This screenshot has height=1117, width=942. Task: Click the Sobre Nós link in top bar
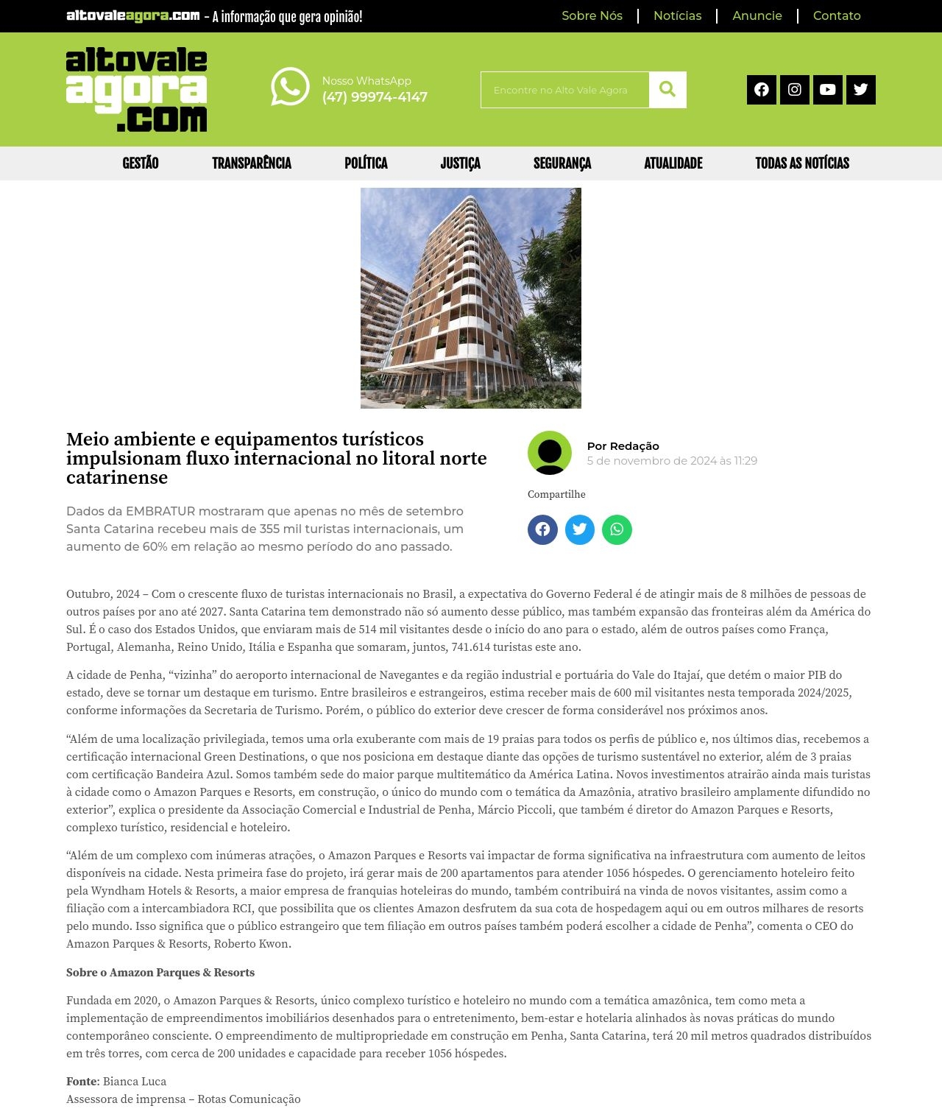(592, 15)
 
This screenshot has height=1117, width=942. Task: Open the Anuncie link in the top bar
(757, 15)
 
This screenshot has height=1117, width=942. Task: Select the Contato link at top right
(836, 15)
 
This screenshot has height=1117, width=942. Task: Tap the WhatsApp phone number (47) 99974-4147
(375, 97)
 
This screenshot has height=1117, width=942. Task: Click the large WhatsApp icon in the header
(290, 87)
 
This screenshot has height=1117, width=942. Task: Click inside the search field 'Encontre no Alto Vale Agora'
(564, 90)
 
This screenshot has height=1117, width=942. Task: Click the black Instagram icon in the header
(794, 90)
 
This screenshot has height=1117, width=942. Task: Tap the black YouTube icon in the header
(827, 90)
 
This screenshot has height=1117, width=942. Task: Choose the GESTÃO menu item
(141, 163)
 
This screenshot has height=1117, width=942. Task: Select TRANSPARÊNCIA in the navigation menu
(252, 163)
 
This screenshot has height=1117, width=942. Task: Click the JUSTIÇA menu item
(460, 163)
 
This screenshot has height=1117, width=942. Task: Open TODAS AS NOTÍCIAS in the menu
(802, 163)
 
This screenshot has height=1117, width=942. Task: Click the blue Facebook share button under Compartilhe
(542, 529)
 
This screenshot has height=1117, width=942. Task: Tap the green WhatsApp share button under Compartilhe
(617, 529)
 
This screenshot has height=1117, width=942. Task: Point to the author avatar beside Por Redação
(550, 453)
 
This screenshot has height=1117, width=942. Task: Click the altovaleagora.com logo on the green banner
(136, 90)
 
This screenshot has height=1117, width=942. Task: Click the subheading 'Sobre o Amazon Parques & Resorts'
(160, 973)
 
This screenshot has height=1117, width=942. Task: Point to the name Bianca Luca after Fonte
(135, 1082)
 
